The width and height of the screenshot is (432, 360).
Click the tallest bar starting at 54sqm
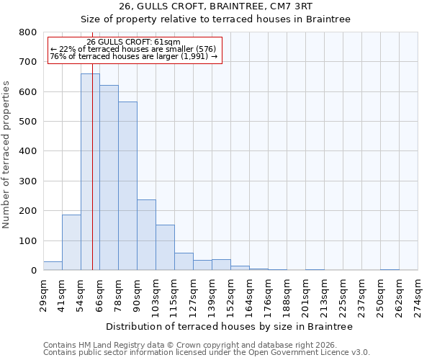pyautogui.click(x=90, y=172)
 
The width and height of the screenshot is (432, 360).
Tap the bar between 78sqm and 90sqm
pyautogui.click(x=127, y=186)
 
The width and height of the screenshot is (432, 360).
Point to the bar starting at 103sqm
pyautogui.click(x=165, y=248)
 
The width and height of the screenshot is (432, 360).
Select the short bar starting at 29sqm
pyautogui.click(x=53, y=266)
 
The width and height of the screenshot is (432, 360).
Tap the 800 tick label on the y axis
pyautogui.click(x=28, y=32)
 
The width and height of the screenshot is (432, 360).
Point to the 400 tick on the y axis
pyautogui.click(x=28, y=151)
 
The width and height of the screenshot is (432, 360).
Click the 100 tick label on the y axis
pyautogui.click(x=28, y=240)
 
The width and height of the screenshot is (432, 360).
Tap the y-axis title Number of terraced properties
pyautogui.click(x=6, y=154)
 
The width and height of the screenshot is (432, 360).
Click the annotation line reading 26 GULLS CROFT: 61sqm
pyautogui.click(x=133, y=42)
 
